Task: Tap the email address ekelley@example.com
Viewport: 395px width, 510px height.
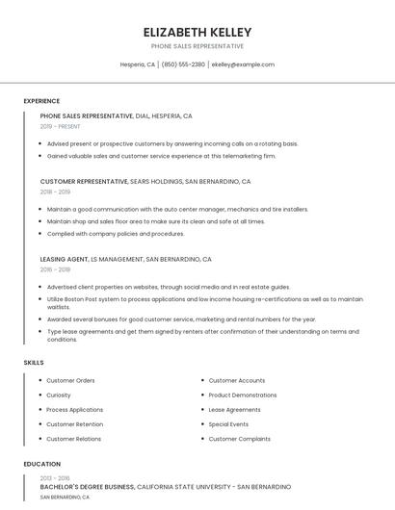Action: pos(243,64)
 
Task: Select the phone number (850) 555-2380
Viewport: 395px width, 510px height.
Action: pos(183,64)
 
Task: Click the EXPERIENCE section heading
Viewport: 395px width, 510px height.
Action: pos(41,101)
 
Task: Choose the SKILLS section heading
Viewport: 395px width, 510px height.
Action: pos(34,362)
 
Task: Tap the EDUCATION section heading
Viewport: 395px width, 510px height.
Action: pos(41,464)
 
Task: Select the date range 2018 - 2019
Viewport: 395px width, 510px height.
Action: pos(55,191)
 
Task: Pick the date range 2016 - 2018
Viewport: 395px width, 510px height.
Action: pos(55,269)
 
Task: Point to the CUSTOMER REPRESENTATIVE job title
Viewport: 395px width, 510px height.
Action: pos(84,181)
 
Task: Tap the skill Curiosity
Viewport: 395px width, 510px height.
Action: pos(59,395)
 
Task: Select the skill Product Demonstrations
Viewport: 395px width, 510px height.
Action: pos(243,395)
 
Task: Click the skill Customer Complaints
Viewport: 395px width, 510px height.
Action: pos(238,438)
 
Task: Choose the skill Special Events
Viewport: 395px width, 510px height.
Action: pos(228,423)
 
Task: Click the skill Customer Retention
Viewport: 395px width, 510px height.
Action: pos(74,423)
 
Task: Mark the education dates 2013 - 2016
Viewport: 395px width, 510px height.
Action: pos(55,477)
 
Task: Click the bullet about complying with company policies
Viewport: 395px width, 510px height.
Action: pos(116,233)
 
